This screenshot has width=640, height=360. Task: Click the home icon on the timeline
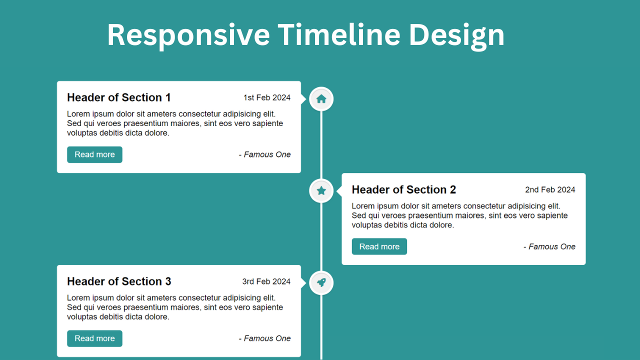[321, 99]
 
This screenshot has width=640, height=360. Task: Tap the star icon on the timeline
[321, 191]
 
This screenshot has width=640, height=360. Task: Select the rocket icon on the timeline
[321, 283]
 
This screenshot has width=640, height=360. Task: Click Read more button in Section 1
[94, 154]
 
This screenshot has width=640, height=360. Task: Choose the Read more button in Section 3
[94, 338]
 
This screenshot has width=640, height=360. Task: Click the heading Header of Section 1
[119, 97]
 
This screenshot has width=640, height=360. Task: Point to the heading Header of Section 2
[403, 189]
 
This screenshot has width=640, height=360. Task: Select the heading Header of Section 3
[119, 281]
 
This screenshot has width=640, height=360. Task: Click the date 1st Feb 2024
[266, 97]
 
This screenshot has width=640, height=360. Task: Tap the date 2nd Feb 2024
[550, 189]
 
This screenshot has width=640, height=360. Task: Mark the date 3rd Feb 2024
[266, 281]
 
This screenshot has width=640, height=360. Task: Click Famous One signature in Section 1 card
[265, 154]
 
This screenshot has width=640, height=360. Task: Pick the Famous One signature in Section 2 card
[549, 246]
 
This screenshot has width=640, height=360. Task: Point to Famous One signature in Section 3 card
[265, 338]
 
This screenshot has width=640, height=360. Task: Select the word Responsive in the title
[188, 35]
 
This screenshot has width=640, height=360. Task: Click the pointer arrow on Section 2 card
[339, 191]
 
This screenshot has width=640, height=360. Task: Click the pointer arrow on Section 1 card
[303, 99]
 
